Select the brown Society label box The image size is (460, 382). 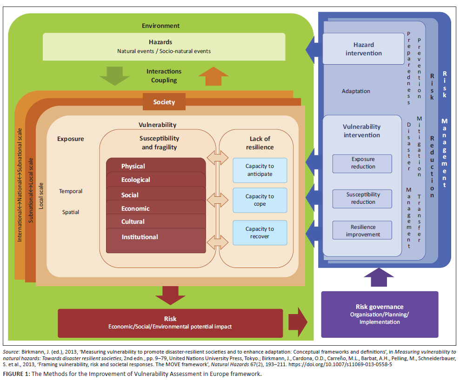(x=164, y=102)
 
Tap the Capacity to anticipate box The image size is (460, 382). (x=260, y=170)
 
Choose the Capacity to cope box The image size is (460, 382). (x=260, y=200)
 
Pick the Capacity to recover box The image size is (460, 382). (x=260, y=233)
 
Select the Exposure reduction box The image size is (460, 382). (x=363, y=163)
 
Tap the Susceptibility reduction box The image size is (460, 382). (x=363, y=199)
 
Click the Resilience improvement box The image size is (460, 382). (x=363, y=231)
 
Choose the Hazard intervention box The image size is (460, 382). (x=363, y=49)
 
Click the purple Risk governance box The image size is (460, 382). (x=380, y=314)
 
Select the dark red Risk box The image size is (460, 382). (x=170, y=322)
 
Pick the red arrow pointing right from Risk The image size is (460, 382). (x=298, y=322)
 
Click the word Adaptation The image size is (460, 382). (x=356, y=91)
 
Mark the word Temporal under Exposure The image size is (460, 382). (x=71, y=191)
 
